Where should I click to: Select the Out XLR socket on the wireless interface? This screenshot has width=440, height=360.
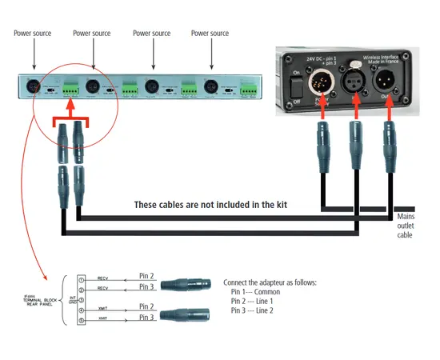click(x=387, y=81)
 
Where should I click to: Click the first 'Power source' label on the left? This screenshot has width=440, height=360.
click(x=33, y=34)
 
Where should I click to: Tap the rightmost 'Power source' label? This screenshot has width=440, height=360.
click(x=210, y=34)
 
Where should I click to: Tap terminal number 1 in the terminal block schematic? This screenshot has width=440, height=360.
click(x=82, y=280)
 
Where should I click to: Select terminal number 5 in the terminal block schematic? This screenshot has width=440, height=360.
click(x=82, y=321)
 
